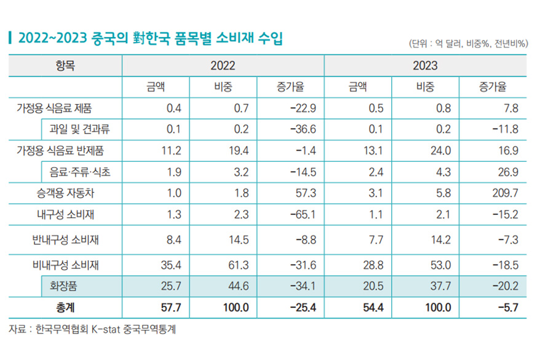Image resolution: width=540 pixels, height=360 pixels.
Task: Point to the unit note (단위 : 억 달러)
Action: tap(467, 43)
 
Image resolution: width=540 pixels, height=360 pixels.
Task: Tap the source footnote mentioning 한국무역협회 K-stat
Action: tap(92, 329)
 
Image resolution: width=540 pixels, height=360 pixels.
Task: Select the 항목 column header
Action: tap(65, 65)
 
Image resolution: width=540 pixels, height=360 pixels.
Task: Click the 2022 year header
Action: tap(223, 65)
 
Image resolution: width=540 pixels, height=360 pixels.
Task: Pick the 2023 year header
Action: tap(425, 65)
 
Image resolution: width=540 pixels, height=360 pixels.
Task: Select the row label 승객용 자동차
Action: tap(65, 193)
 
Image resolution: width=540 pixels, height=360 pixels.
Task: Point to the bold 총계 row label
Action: tap(65, 307)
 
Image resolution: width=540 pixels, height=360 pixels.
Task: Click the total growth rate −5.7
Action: tap(508, 307)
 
